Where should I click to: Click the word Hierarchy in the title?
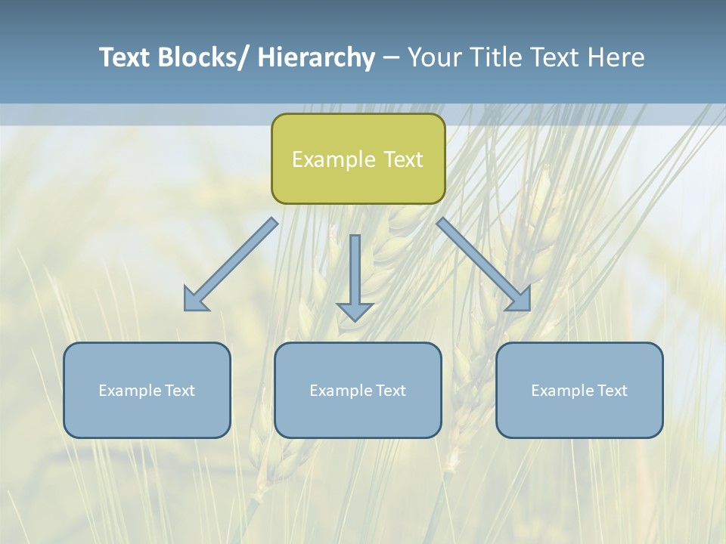(x=316, y=57)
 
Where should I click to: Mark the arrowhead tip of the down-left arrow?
(x=186, y=309)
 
